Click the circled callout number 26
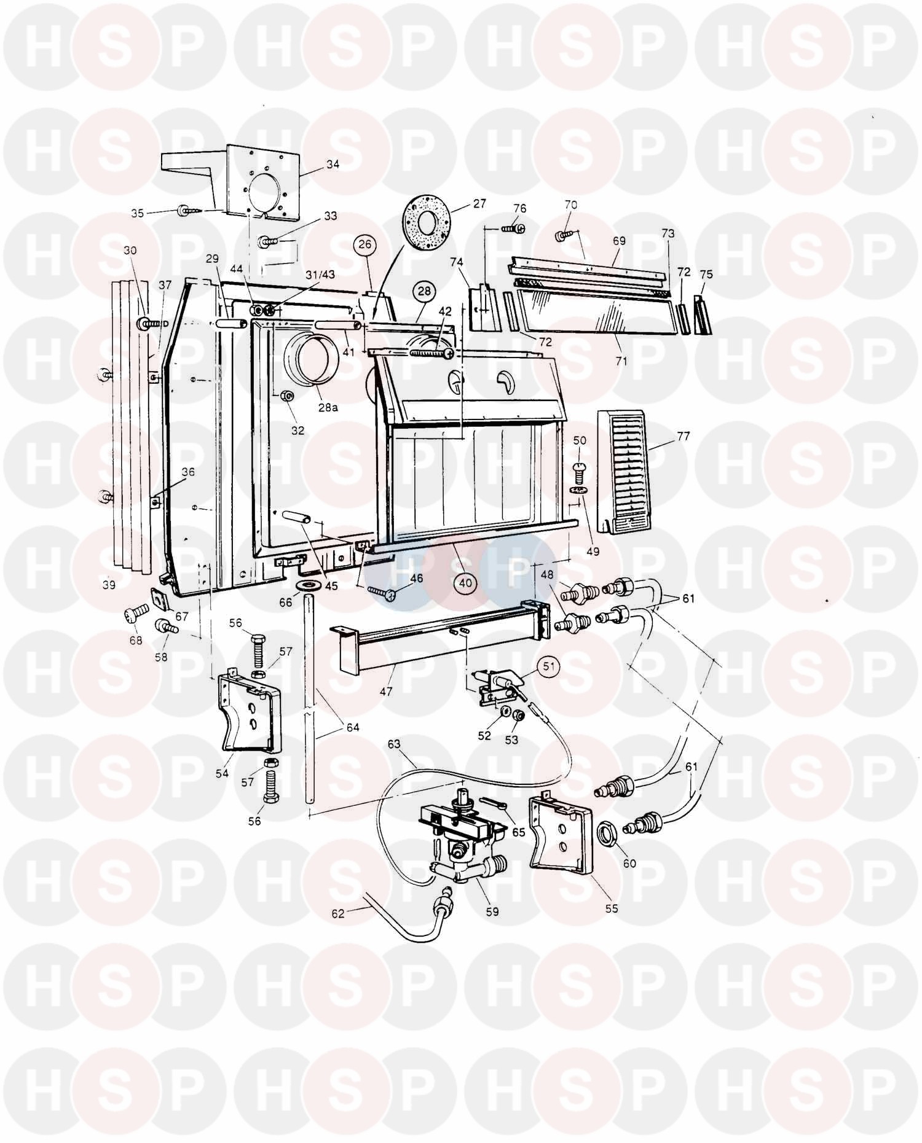(365, 245)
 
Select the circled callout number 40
(465, 582)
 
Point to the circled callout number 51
(549, 665)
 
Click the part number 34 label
(333, 164)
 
